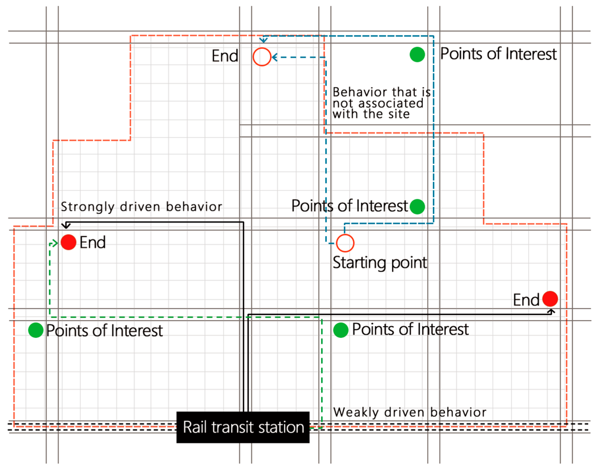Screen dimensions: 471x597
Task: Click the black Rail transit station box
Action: [x=243, y=427]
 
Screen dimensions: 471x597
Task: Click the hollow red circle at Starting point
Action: [x=345, y=243]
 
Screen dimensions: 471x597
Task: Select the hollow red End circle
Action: [x=262, y=57]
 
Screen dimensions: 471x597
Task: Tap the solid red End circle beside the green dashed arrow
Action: [x=68, y=242]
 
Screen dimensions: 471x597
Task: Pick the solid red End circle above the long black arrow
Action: [x=550, y=299]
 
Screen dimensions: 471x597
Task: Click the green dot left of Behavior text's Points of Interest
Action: [x=417, y=54]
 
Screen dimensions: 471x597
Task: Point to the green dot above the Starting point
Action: [x=417, y=207]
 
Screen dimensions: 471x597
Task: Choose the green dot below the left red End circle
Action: [x=36, y=330]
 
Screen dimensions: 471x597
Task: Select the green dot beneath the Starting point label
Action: [x=341, y=330]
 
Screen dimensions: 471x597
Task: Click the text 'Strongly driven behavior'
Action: [x=141, y=207]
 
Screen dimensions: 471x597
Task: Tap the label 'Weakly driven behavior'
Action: [x=409, y=412]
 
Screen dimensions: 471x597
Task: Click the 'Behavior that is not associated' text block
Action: [x=381, y=103]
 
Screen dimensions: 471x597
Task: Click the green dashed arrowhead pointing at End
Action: [x=55, y=243]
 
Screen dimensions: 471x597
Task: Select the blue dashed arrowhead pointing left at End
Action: [x=274, y=57]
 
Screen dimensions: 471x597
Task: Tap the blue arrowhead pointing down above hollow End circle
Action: [x=263, y=40]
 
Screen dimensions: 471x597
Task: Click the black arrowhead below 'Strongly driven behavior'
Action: [x=66, y=226]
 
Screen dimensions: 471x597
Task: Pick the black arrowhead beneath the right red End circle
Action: [x=551, y=312]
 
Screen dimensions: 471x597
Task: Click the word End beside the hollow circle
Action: [x=225, y=56]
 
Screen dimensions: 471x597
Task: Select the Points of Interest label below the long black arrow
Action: [x=410, y=329]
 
